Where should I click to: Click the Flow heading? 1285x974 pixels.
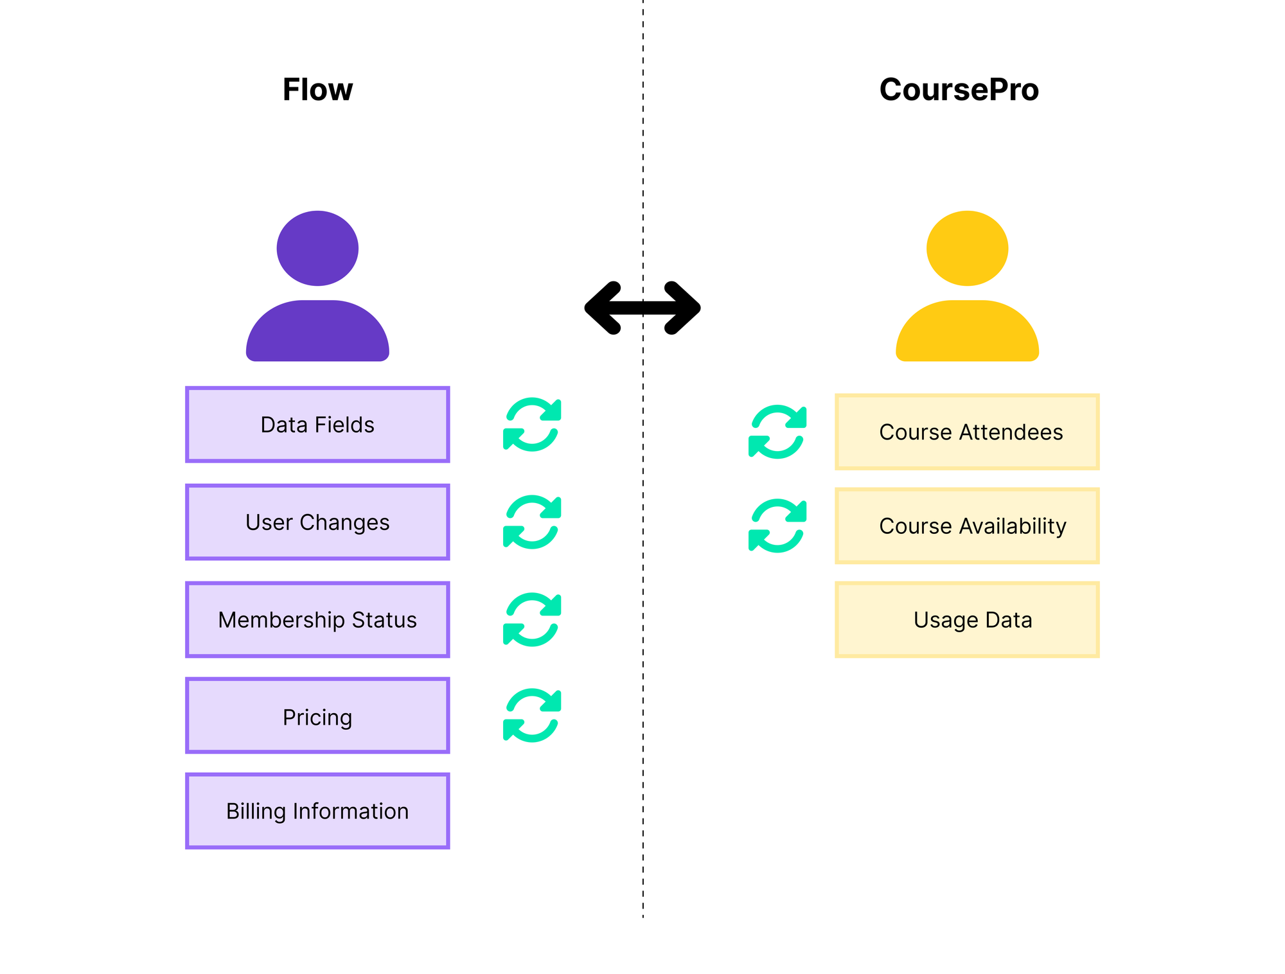click(317, 89)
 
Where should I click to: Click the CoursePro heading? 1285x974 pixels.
click(959, 89)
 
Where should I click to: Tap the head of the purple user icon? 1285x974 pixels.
click(317, 248)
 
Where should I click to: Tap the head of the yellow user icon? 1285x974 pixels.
click(967, 248)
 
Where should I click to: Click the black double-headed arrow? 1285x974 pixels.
click(642, 308)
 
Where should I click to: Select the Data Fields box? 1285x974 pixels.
click(317, 425)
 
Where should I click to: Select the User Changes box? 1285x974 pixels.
click(317, 522)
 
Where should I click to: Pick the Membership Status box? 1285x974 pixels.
click(317, 620)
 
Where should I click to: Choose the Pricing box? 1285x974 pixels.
click(317, 716)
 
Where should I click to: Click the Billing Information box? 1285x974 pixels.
click(317, 811)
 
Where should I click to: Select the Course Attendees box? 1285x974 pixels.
click(967, 432)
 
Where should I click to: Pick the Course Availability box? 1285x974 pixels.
click(967, 526)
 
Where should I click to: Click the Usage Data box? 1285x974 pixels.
click(967, 620)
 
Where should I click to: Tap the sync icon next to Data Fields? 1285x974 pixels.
click(532, 425)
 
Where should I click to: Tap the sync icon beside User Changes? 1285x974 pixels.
click(532, 522)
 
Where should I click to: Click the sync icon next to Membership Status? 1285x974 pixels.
click(532, 619)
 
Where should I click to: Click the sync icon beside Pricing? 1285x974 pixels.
click(532, 716)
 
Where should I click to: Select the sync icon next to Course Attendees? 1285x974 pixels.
click(777, 432)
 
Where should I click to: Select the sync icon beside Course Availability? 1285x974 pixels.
click(777, 526)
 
